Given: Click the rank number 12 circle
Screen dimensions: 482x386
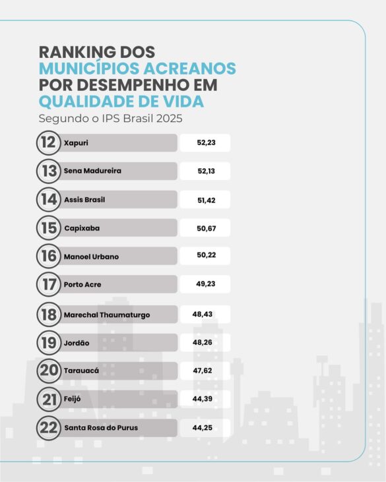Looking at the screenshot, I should click(48, 143).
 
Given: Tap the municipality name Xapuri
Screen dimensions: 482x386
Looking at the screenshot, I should click(76, 143).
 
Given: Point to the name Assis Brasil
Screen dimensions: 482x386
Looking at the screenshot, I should click(84, 200).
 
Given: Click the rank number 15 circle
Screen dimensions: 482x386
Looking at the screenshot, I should click(48, 228).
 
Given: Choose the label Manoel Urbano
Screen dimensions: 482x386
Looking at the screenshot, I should click(91, 256).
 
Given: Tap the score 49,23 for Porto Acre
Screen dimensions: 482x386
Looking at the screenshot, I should click(205, 285).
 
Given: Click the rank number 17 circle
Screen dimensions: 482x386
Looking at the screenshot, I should click(48, 285).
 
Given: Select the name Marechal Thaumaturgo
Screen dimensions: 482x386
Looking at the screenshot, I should click(106, 315).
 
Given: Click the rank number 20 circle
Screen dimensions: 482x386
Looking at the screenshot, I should click(48, 371).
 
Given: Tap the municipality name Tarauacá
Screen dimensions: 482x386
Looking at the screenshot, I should click(81, 371).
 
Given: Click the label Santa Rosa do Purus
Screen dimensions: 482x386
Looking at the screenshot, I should click(101, 428).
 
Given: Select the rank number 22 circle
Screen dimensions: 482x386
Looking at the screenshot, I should click(48, 428).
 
